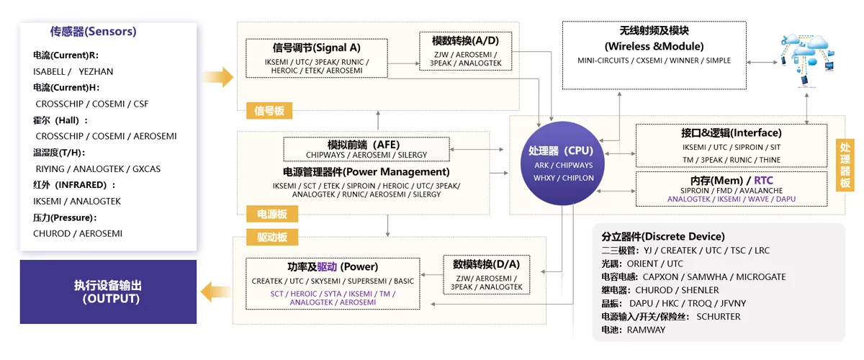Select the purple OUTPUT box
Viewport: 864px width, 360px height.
108,292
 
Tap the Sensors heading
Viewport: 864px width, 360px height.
93,32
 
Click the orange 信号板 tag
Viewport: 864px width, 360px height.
269,111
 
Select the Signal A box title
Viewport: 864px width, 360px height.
317,48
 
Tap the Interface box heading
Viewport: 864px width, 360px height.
731,132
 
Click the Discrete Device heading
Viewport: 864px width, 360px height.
663,236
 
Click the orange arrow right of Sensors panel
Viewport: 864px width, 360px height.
219,76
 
